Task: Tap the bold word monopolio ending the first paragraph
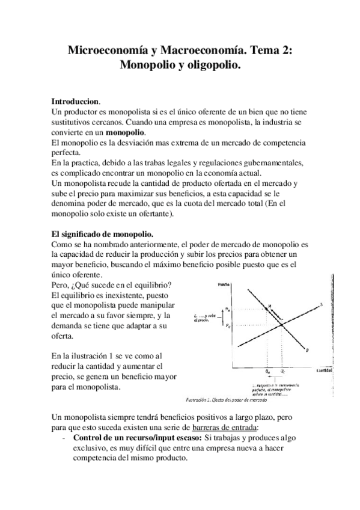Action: coord(126,132)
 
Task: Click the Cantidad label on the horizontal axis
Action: coord(325,370)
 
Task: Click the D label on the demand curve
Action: coord(308,350)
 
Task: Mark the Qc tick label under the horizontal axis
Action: coord(282,372)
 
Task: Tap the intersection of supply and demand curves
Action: coord(282,325)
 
